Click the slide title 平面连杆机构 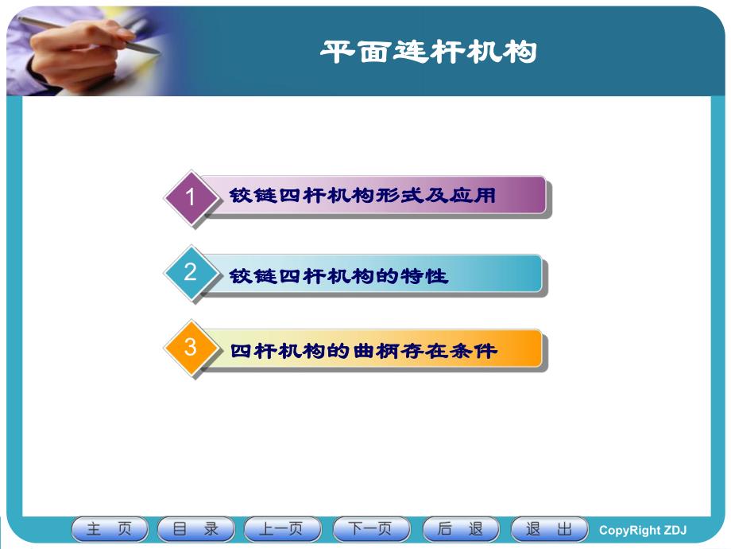429,53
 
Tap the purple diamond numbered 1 191,197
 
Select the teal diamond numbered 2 191,273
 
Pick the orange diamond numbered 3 191,348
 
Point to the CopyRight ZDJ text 642,531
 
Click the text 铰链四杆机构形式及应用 363,196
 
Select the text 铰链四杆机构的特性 339,276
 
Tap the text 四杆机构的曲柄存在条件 363,350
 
